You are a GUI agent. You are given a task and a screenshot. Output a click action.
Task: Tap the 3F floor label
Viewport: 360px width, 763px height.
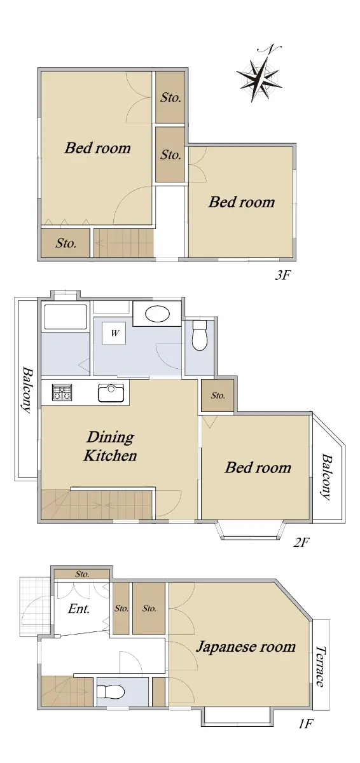pyautogui.click(x=282, y=275)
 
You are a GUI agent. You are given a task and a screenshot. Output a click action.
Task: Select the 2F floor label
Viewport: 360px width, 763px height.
pyautogui.click(x=301, y=542)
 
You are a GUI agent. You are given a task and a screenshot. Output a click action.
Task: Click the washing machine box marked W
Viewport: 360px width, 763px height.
pyautogui.click(x=115, y=333)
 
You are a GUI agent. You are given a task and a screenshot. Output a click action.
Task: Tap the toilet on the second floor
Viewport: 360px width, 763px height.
pyautogui.click(x=200, y=335)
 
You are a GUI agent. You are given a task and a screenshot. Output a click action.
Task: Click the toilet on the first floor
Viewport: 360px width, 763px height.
pyautogui.click(x=111, y=692)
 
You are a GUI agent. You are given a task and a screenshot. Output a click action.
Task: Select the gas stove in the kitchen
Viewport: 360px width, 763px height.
pyautogui.click(x=62, y=392)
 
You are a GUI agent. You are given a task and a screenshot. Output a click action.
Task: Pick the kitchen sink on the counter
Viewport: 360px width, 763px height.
pyautogui.click(x=111, y=393)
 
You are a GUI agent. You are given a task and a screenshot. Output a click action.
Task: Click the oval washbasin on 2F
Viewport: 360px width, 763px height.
pyautogui.click(x=157, y=313)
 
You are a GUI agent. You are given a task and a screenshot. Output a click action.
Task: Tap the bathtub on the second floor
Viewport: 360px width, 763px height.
pyautogui.click(x=66, y=317)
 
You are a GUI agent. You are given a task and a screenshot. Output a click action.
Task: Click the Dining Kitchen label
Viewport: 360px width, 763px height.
pyautogui.click(x=110, y=446)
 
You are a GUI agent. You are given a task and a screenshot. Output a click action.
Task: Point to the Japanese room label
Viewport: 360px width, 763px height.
pyautogui.click(x=246, y=647)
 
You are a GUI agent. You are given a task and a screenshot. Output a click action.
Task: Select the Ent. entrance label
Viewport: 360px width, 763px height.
pyautogui.click(x=79, y=608)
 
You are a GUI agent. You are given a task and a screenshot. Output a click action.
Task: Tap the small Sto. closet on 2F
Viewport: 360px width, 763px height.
pyautogui.click(x=218, y=395)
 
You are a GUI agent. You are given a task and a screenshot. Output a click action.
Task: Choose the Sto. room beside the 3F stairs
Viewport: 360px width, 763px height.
pyautogui.click(x=66, y=243)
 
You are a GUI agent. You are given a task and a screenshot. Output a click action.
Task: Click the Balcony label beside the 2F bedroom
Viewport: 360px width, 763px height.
pyautogui.click(x=327, y=476)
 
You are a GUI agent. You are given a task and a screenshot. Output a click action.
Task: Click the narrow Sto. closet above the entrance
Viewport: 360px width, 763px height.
pyautogui.click(x=82, y=574)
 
